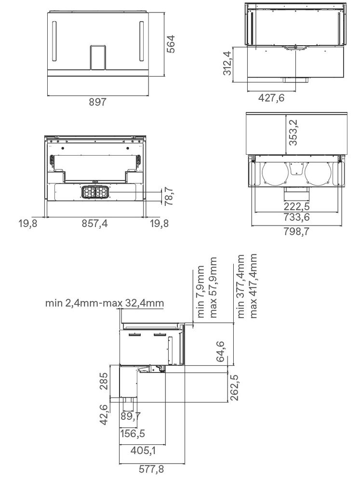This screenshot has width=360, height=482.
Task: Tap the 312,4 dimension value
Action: click(x=227, y=65)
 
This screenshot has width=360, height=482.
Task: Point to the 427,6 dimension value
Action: click(x=271, y=98)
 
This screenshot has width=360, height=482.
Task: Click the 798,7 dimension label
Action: click(x=296, y=231)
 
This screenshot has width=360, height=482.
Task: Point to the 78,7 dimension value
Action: click(x=169, y=198)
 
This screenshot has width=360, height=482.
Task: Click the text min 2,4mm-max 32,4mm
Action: click(x=105, y=303)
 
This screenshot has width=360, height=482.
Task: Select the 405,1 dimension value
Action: click(x=143, y=451)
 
